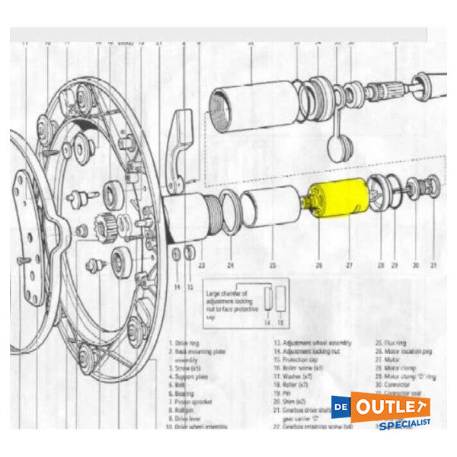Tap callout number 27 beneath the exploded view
pos(349,266)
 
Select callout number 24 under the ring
pos(229,266)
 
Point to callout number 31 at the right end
pos(433,266)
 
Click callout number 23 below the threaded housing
pos(201,266)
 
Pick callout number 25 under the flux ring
pos(272,266)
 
